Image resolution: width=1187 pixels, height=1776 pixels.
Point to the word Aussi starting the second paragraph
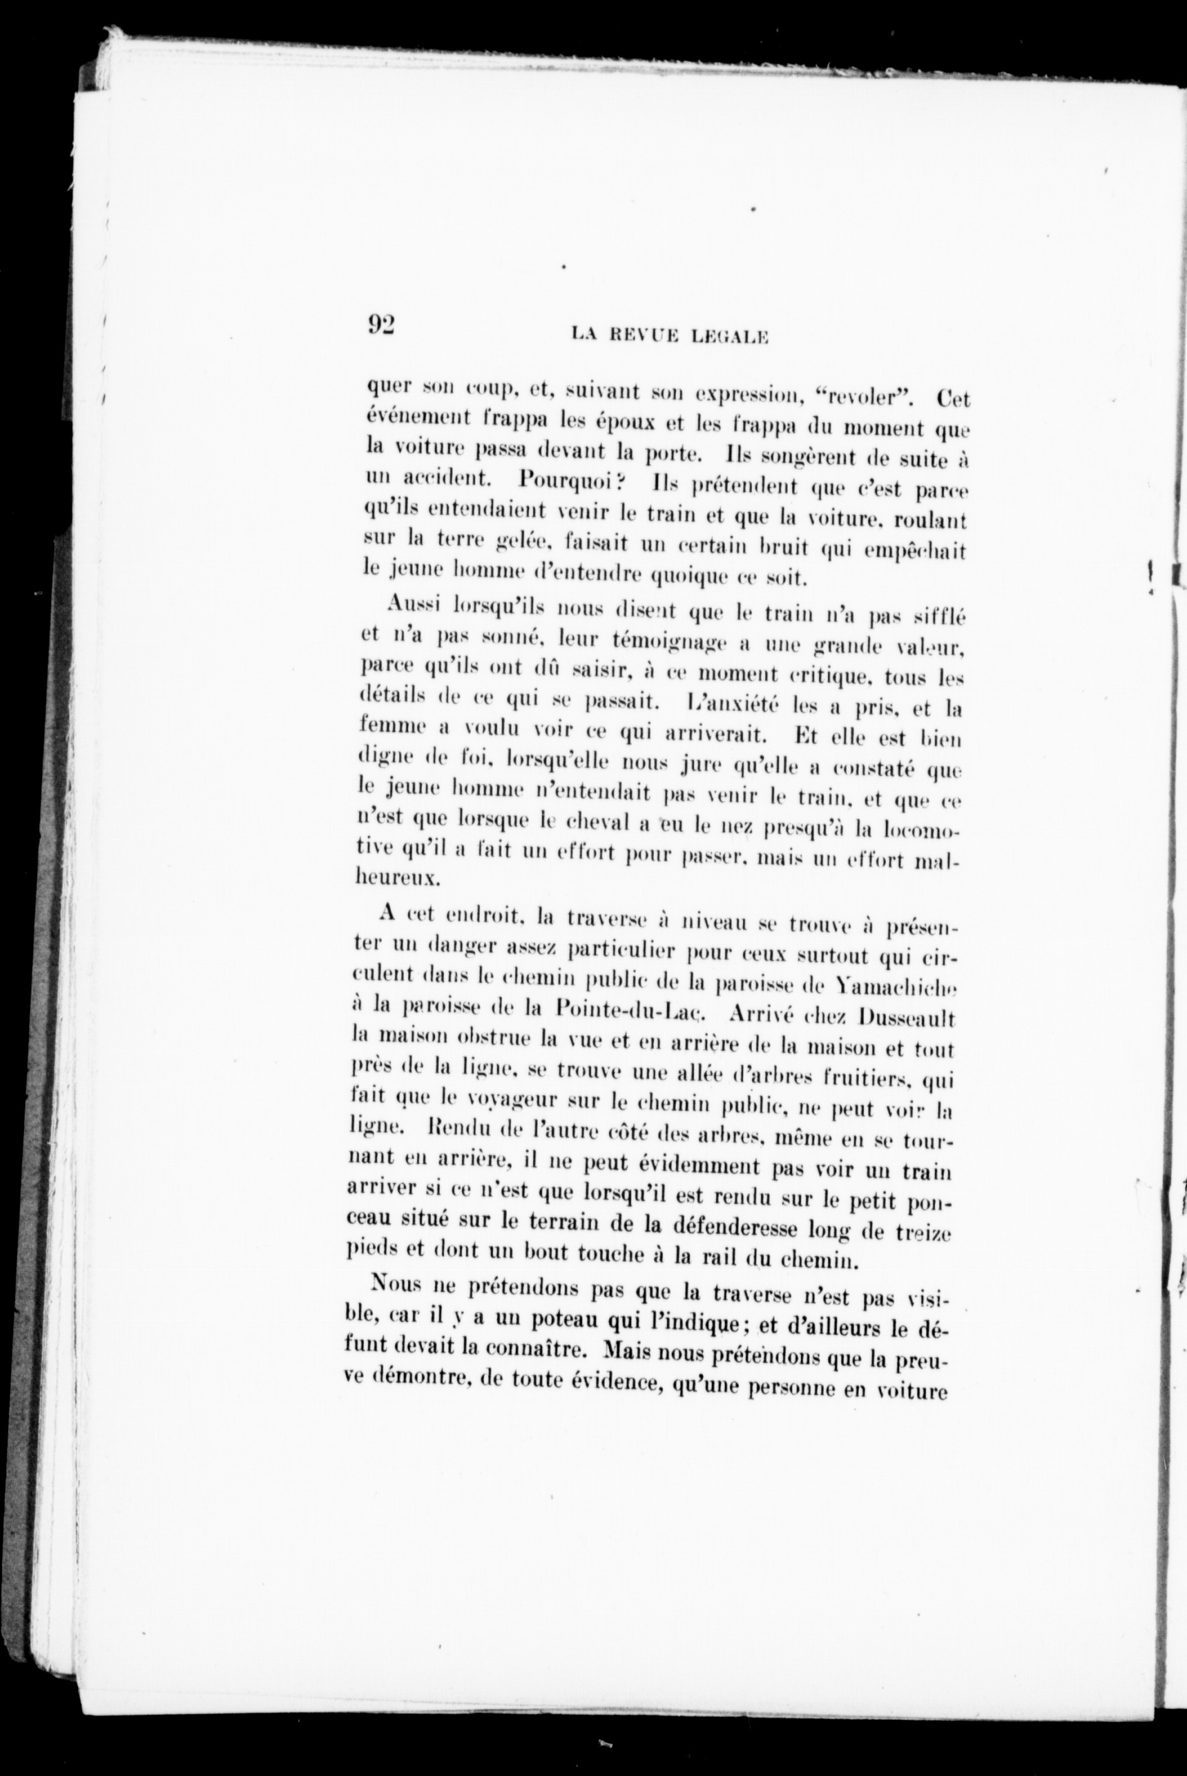[412, 605]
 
